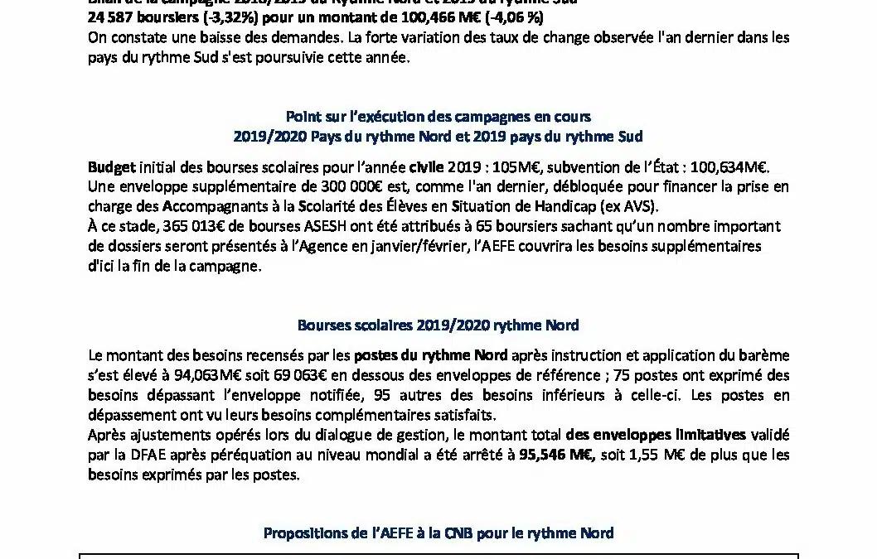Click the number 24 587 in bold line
click(x=110, y=17)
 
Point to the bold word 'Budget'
click(x=111, y=166)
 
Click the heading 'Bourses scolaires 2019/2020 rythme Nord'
click(x=438, y=325)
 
